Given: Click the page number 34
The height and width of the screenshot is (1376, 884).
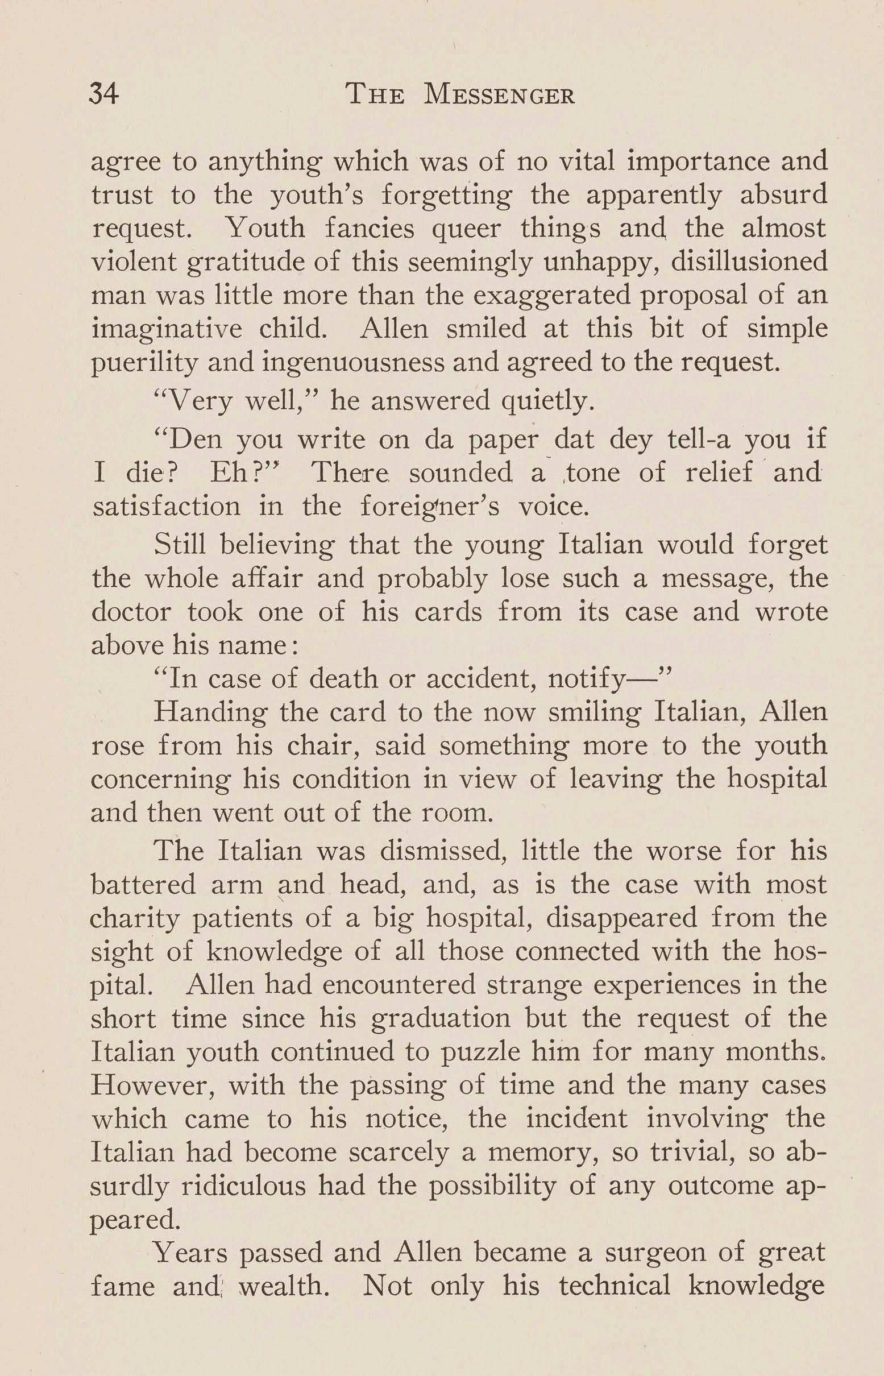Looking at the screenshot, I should [x=105, y=94].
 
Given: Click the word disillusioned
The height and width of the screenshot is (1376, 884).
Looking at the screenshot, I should [x=749, y=262].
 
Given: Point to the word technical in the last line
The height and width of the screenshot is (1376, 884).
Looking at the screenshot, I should [x=614, y=1286].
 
